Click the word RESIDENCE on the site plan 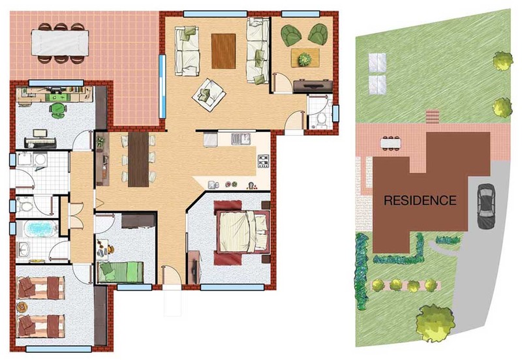420,200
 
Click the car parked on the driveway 486,206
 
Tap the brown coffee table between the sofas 223,52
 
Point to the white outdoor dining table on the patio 60,43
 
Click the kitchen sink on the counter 241,139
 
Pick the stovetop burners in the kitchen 263,161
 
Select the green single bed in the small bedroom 121,272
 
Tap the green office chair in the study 58,110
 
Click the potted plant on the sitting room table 305,59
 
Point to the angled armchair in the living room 209,95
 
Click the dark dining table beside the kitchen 138,159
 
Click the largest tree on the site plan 435,322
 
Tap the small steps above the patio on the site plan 433,117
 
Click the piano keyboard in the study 40,143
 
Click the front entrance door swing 171,275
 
